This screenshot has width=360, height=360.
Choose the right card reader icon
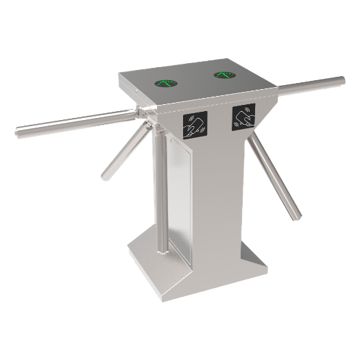[x=243, y=116]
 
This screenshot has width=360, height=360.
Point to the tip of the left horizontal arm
[x=19, y=128]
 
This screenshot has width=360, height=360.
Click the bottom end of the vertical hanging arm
[x=162, y=248]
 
